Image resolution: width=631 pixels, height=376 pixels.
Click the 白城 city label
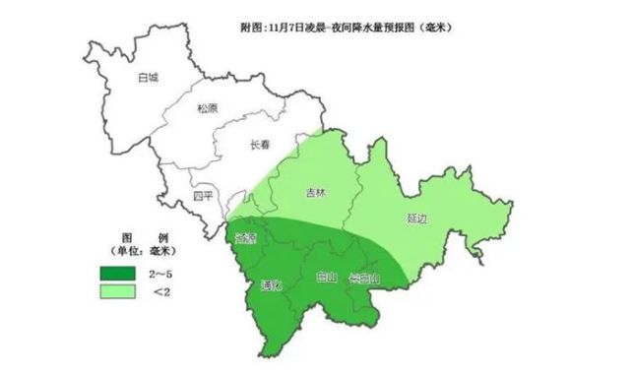pyautogui.click(x=149, y=76)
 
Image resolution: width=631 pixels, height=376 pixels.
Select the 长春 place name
pyautogui.click(x=260, y=145)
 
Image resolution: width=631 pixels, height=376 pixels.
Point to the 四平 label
pyautogui.click(x=203, y=195)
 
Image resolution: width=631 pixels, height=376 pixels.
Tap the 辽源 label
pyautogui.click(x=246, y=238)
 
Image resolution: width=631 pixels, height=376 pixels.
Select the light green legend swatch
pyautogui.click(x=117, y=292)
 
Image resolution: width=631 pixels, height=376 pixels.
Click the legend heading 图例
pyautogui.click(x=145, y=241)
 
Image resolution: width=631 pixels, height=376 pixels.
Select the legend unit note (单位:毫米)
pyautogui.click(x=146, y=256)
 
